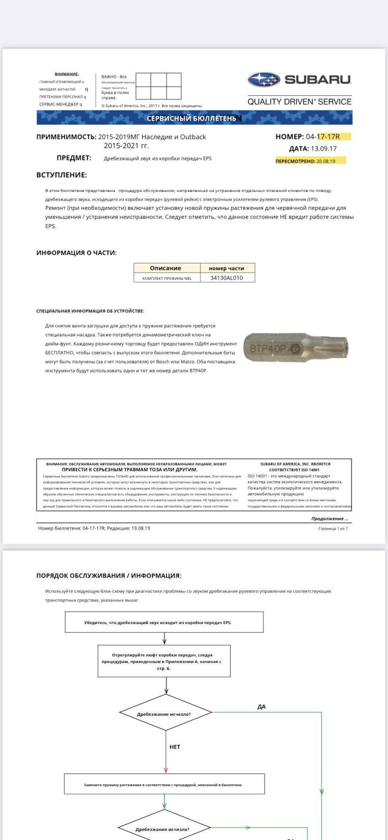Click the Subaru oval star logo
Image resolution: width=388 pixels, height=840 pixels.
pos(263,80)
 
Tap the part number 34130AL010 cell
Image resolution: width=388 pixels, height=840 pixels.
pos(227,278)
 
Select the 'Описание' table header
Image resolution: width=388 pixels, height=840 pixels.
pos(165,268)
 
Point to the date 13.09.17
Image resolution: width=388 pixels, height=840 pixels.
pos(324,149)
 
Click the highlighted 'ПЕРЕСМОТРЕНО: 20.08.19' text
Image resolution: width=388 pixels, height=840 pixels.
pos(305,161)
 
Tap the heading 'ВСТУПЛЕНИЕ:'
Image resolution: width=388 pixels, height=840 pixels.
pos(62,175)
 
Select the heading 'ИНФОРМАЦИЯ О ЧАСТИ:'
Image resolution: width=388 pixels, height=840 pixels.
pos(77,253)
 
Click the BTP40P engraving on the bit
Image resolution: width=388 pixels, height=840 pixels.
pos(268,349)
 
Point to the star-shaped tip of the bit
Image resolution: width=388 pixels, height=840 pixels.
pos(341,347)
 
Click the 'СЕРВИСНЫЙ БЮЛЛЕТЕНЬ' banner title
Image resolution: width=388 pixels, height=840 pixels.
pos(192,119)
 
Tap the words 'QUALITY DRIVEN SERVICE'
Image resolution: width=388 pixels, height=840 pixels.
pos(299,102)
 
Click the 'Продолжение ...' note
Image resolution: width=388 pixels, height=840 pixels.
pos(330,519)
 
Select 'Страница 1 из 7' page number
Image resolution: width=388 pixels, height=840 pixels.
pos(333,528)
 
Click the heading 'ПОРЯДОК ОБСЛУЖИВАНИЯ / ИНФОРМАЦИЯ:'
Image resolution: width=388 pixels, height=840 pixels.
pos(109,576)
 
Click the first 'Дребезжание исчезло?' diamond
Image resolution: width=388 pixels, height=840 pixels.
pos(165,714)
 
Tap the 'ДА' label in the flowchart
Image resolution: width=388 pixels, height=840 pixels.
pos(262,707)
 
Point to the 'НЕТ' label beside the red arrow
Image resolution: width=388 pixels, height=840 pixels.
pos(175,747)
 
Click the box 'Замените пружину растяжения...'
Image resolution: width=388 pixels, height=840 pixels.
pos(164,785)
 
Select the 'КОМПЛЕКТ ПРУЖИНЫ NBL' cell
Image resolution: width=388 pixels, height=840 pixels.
pos(167,278)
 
